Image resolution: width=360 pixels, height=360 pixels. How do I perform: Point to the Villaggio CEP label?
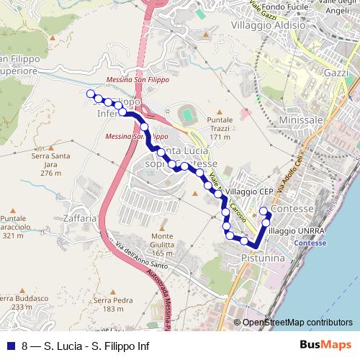tap(248, 192)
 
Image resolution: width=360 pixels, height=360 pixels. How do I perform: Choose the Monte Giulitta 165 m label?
tap(163, 244)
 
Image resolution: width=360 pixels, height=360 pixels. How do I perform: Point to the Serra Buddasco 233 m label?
tap(22, 302)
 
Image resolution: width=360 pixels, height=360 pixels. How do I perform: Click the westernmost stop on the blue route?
tap(90, 94)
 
